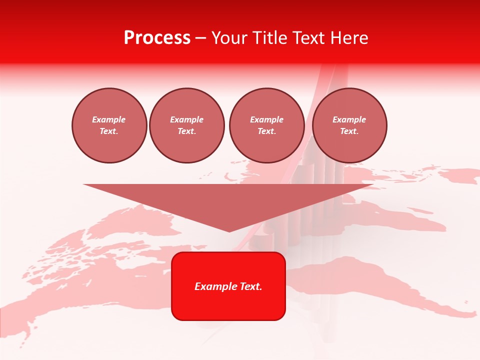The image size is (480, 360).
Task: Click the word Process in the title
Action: coord(157,38)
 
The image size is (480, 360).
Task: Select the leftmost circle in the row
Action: coord(109,125)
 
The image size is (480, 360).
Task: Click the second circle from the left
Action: coord(187,125)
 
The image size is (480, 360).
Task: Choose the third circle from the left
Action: coord(266,125)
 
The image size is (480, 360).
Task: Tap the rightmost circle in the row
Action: coord(349,125)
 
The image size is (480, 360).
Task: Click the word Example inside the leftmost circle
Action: coord(109,119)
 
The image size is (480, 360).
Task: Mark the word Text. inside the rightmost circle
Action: coord(349,131)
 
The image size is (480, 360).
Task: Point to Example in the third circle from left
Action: coord(266,119)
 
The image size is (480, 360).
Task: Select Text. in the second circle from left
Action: coord(187,131)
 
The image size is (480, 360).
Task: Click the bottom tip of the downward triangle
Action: coord(229,230)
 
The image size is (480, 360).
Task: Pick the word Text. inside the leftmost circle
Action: coord(109,131)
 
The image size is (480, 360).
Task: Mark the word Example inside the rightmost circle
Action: coord(349,119)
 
